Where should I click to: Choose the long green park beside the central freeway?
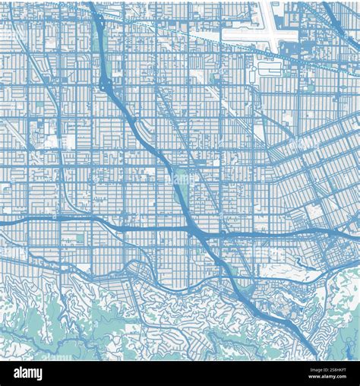pyautogui.click(x=180, y=190)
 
